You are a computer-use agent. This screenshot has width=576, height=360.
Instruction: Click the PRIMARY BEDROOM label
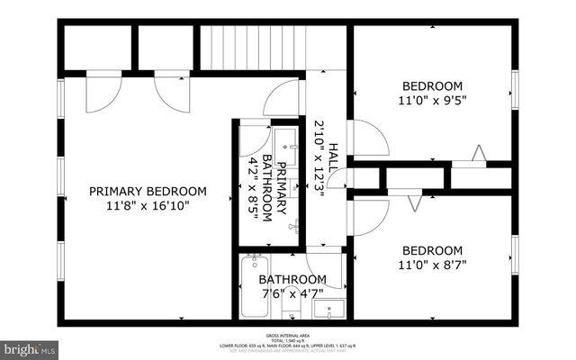click(x=148, y=191)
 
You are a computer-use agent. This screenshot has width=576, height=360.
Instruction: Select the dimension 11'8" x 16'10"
click(x=148, y=206)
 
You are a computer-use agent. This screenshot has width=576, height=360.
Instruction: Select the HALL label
click(x=332, y=158)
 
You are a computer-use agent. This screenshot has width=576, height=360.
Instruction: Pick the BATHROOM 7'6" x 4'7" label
click(x=280, y=287)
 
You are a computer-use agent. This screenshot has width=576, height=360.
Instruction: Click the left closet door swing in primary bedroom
click(x=102, y=92)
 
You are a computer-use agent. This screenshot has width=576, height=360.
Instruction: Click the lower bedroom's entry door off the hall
click(x=369, y=216)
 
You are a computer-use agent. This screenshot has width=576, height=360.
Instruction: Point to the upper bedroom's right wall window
click(x=516, y=85)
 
